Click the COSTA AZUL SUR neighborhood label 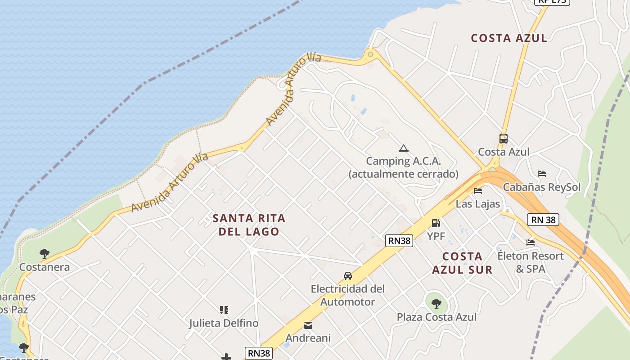point(462,263)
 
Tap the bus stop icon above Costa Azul point(504,139)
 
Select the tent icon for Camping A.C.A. point(403,148)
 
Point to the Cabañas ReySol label point(541,187)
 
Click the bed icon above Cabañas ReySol point(542,174)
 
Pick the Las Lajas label point(477,204)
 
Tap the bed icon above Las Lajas point(478,191)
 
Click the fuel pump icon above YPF point(436,223)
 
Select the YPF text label point(436,236)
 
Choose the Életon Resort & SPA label point(530,262)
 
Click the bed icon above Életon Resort point(531,243)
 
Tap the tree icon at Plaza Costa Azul point(436,303)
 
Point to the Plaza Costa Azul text point(436,317)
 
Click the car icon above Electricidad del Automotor point(347,275)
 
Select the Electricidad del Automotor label point(347,295)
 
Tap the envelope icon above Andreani point(308,325)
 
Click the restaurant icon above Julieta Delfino point(224,310)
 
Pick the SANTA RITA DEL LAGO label point(249,225)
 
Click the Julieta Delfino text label point(224,323)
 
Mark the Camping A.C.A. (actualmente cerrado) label point(403,167)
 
